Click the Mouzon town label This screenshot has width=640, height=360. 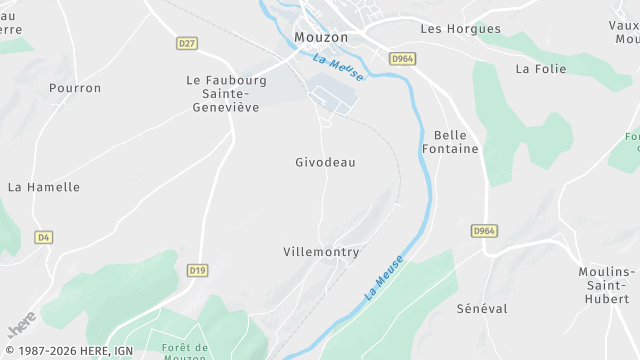pyautogui.click(x=321, y=37)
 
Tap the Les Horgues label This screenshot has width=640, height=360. pyautogui.click(x=460, y=29)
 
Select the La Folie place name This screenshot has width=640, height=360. pyautogui.click(x=540, y=69)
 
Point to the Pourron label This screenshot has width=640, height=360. pyautogui.click(x=75, y=88)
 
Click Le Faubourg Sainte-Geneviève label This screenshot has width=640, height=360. pyautogui.click(x=226, y=93)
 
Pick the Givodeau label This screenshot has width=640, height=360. pyautogui.click(x=325, y=162)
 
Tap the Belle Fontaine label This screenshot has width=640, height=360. pyautogui.click(x=456, y=142)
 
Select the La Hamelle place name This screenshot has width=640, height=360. pyautogui.click(x=44, y=187)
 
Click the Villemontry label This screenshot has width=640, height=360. pyautogui.click(x=321, y=252)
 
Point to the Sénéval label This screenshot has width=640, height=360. pyautogui.click(x=482, y=309)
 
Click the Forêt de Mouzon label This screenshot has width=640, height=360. pyautogui.click(x=184, y=353)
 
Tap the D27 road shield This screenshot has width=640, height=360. pyautogui.click(x=186, y=44)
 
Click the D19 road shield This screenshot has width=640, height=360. pyautogui.click(x=197, y=270)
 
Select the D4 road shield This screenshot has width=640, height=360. pyautogui.click(x=42, y=237)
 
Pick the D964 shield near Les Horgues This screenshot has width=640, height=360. pyautogui.click(x=402, y=59)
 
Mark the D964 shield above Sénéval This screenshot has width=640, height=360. pyautogui.click(x=484, y=231)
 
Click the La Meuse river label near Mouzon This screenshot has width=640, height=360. pyautogui.click(x=338, y=67)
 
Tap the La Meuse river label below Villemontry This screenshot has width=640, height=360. pyautogui.click(x=384, y=278)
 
